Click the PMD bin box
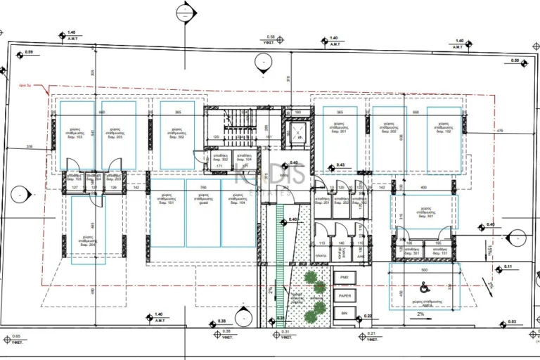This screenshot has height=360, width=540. click(x=344, y=278)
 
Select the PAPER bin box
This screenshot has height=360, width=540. click(x=344, y=296)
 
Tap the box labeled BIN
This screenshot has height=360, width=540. click(x=344, y=314)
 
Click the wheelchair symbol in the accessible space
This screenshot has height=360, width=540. click(x=424, y=287)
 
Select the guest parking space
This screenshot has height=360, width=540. click(x=202, y=212)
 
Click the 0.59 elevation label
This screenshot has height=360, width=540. click(x=29, y=53)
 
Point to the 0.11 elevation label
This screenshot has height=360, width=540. click(x=508, y=267)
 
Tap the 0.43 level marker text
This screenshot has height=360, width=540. click(x=341, y=165)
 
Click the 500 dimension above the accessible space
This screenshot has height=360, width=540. click(x=424, y=270)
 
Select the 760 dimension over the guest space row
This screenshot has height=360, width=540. click(x=202, y=188)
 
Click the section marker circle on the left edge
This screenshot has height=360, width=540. click(x=21, y=194)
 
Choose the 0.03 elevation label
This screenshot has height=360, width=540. click(x=512, y=321)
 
